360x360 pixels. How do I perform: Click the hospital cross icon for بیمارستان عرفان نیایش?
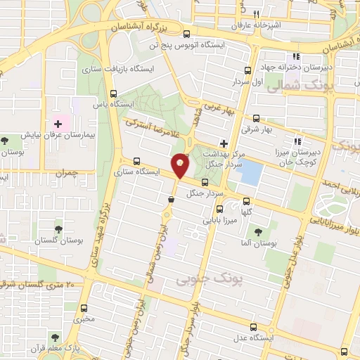tap(58, 124)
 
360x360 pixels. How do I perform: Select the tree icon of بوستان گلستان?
tap(58, 229)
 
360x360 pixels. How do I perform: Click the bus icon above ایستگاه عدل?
tap(255, 328)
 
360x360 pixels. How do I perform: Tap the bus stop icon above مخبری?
tap(84, 308)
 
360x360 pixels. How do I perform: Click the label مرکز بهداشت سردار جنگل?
tap(223, 158)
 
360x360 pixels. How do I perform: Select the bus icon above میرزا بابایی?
tap(219, 209)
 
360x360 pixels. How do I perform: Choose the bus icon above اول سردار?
tap(247, 70)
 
